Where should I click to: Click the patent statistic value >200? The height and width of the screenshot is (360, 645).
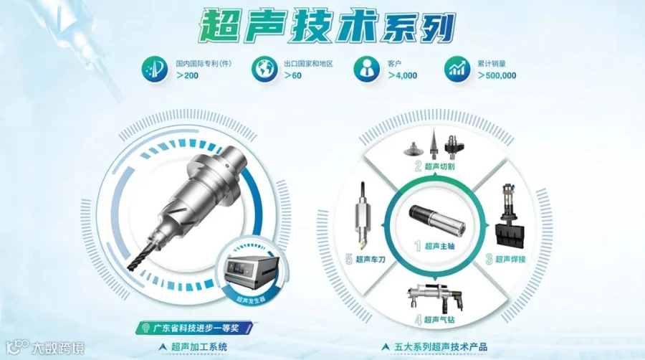(x=187, y=76)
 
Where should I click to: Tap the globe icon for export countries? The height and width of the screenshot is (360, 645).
(x=264, y=69)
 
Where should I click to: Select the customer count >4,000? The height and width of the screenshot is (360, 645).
(x=402, y=76)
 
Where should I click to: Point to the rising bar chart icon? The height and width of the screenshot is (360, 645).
(x=457, y=69)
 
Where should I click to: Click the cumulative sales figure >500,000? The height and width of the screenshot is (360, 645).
(x=497, y=76)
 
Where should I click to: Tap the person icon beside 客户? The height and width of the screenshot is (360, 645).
(x=366, y=69)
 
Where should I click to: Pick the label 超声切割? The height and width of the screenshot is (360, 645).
(x=440, y=166)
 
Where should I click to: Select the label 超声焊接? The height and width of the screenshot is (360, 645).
(x=510, y=259)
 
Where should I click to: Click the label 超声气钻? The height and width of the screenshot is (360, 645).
(x=439, y=319)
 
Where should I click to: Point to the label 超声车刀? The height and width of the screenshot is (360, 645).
(x=371, y=259)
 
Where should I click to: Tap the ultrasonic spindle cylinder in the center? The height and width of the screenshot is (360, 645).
(x=437, y=222)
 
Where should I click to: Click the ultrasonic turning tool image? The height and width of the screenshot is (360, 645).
(x=363, y=216)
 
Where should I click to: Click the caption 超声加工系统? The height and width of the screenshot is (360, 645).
(x=199, y=347)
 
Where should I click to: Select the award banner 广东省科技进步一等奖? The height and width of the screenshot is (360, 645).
(x=196, y=328)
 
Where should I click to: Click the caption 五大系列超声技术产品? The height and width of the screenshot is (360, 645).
(x=441, y=347)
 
